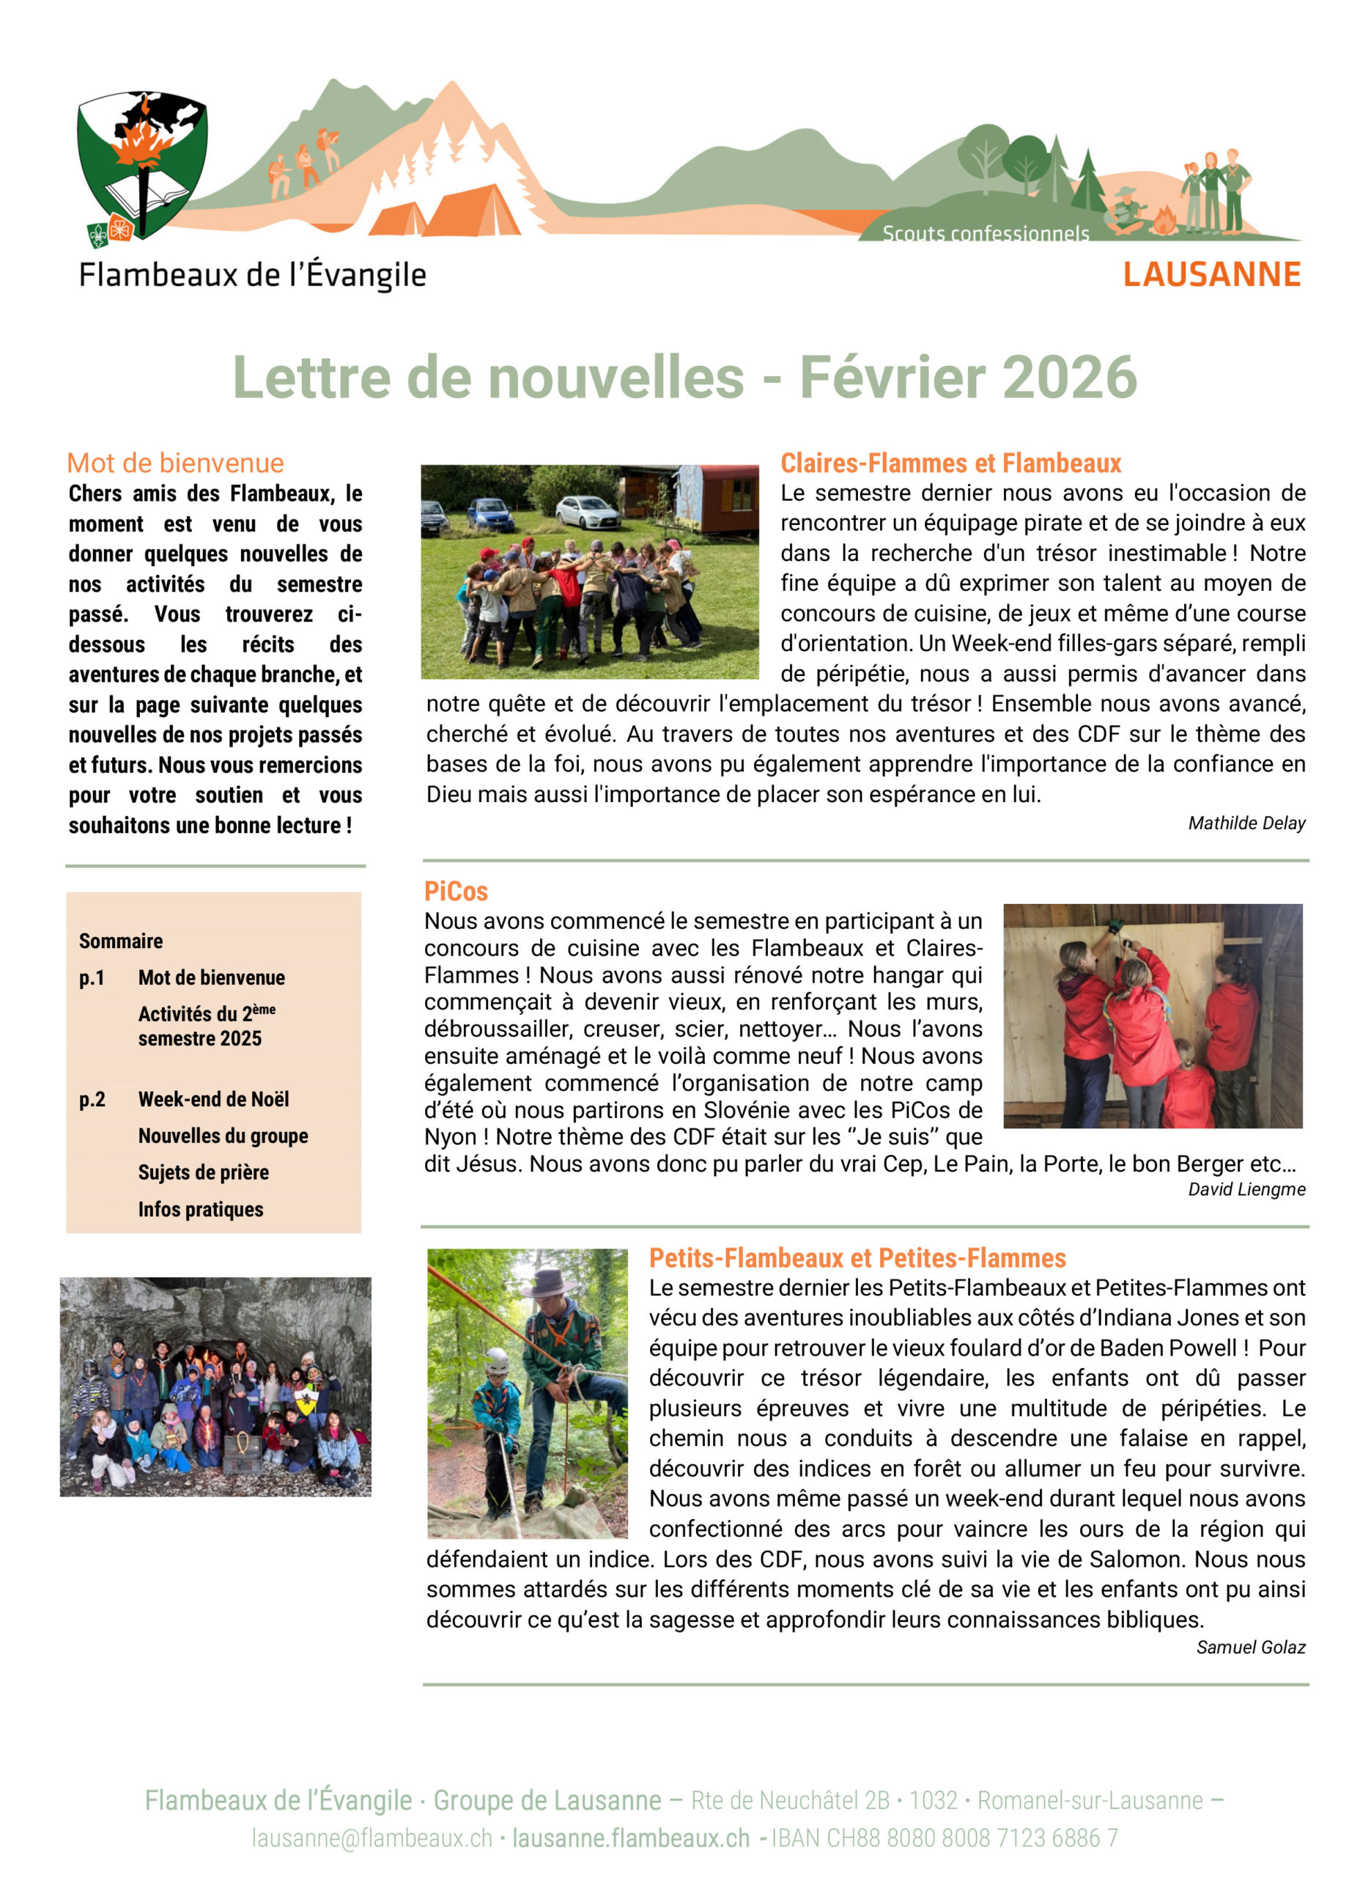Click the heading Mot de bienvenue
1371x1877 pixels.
tap(175, 463)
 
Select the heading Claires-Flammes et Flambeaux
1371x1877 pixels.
tap(950, 463)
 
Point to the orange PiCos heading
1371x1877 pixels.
tap(456, 891)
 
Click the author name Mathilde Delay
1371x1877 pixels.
tap(1246, 823)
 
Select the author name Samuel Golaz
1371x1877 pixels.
tap(1250, 1647)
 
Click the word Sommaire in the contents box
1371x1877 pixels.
tap(120, 941)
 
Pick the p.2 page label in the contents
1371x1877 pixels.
tap(92, 1099)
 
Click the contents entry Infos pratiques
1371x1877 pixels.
tap(200, 1209)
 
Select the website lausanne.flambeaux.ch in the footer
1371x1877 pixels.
tap(631, 1838)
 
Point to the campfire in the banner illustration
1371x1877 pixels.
tap(1162, 221)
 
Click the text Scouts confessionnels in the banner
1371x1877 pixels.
tap(985, 234)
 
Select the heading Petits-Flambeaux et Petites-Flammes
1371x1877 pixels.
tap(857, 1258)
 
